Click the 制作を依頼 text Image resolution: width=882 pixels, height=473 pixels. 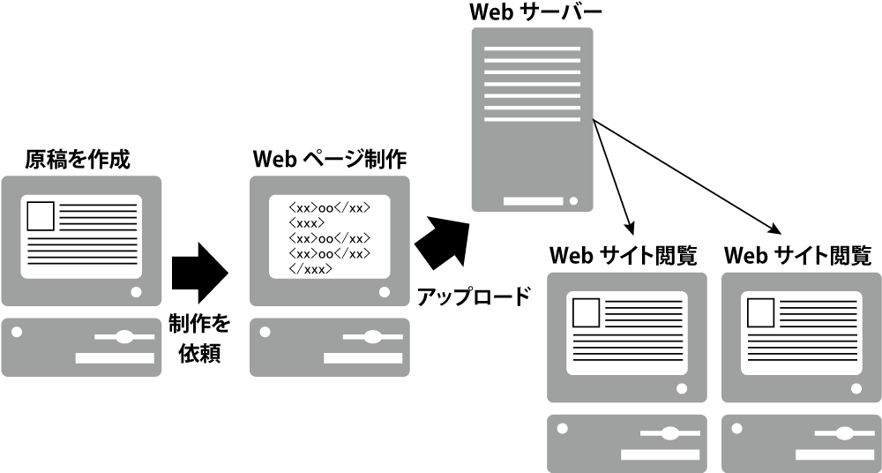tap(199, 339)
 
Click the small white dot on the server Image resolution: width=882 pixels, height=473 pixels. tap(574, 200)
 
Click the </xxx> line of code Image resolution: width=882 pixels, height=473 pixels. tap(310, 269)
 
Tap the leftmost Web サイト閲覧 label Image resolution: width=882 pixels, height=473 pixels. tap(624, 256)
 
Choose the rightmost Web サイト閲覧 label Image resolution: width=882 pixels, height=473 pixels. tap(798, 256)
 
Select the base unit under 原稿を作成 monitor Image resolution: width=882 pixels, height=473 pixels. tap(81, 347)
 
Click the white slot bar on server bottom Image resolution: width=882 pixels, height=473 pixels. tap(533, 201)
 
